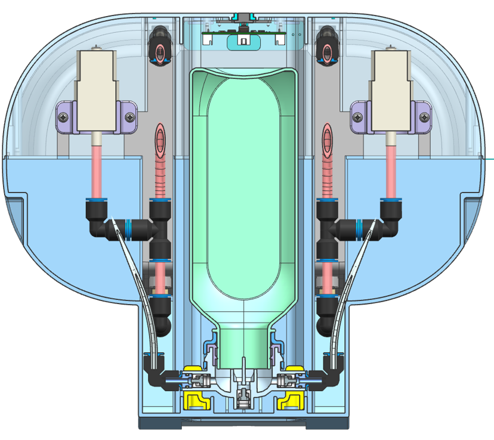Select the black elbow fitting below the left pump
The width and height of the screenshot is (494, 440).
(x=97, y=222)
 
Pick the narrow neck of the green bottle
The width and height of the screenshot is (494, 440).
(x=245, y=346)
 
